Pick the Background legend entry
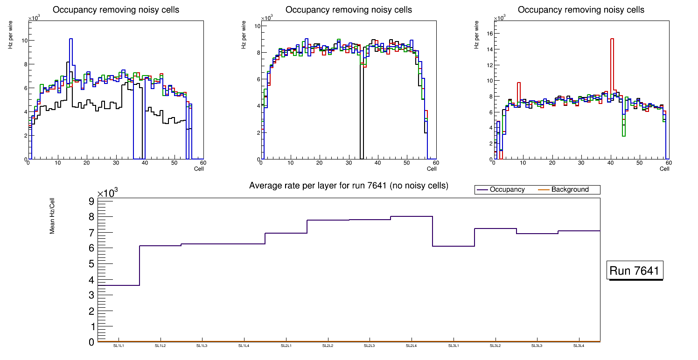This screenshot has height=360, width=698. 570,190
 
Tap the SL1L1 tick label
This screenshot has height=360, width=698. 119,346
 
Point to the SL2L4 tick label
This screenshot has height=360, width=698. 412,346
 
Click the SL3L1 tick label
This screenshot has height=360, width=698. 454,346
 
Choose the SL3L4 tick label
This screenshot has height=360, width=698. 579,346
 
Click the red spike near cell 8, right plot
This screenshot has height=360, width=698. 518,93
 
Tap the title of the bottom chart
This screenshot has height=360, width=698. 349,186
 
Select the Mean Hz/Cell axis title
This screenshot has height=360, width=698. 52,215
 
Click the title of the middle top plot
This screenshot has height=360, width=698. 349,9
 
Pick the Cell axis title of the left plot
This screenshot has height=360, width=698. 199,168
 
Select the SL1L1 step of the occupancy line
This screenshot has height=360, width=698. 119,285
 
